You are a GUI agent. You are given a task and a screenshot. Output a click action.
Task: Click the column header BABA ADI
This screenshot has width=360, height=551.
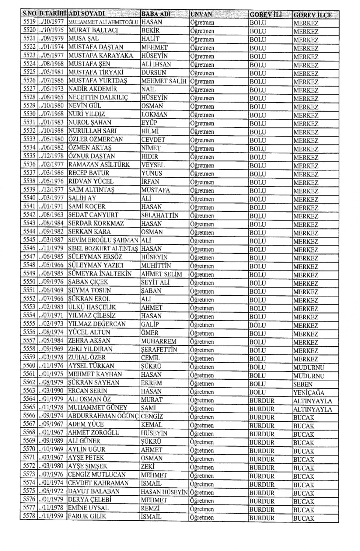tap(156, 14)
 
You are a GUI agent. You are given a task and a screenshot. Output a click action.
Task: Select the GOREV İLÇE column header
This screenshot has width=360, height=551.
tap(312, 15)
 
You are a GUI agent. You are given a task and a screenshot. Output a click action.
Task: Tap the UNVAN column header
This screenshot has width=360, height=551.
tap(201, 15)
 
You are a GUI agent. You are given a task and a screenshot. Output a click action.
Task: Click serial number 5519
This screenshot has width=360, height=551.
tap(29, 22)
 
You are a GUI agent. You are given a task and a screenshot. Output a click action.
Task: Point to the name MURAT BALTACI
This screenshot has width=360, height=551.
tap(93, 30)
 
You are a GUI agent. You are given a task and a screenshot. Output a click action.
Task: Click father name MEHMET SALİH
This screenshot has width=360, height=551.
tap(164, 81)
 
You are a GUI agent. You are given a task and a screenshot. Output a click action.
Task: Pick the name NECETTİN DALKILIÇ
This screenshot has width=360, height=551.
tap(98, 97)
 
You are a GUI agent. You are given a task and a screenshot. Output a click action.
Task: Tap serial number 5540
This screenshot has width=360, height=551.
tap(29, 198)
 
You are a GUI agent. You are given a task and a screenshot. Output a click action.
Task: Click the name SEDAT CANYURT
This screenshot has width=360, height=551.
tap(93, 215)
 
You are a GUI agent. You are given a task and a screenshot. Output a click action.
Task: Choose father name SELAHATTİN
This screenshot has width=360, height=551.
tap(160, 215)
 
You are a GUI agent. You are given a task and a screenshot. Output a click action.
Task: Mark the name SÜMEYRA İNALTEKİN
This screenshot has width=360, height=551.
tap(100, 274)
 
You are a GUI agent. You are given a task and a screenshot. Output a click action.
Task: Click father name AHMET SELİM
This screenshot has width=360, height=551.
tap(162, 274)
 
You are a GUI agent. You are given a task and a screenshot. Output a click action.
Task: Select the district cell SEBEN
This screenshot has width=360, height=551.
tap(303, 384)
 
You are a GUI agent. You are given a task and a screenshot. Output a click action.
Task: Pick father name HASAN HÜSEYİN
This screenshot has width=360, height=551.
tap(164, 492)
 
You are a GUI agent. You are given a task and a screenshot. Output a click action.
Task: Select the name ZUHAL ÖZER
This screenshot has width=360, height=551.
tap(87, 357)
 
